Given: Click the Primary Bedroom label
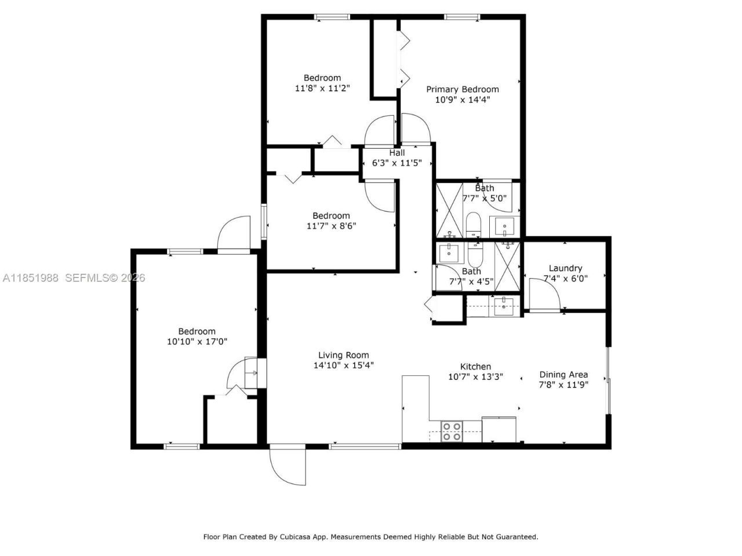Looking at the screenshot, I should (x=462, y=89).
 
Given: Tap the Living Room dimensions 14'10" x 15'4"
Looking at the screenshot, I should (x=344, y=365).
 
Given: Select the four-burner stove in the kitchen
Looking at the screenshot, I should (x=452, y=431).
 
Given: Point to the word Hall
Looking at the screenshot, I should (x=397, y=153).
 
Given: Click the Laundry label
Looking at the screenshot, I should (x=565, y=268).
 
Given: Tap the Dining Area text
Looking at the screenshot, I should (x=563, y=374).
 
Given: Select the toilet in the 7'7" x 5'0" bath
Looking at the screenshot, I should (x=474, y=225).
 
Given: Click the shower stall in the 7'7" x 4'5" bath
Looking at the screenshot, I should (x=508, y=264).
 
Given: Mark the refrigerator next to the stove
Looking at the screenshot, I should (x=499, y=429).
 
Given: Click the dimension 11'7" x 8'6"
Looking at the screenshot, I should (x=331, y=226).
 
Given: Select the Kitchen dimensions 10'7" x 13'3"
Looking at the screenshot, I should (x=475, y=377).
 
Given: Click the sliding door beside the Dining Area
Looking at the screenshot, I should (x=608, y=380).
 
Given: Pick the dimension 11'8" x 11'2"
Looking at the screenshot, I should (x=322, y=89).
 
